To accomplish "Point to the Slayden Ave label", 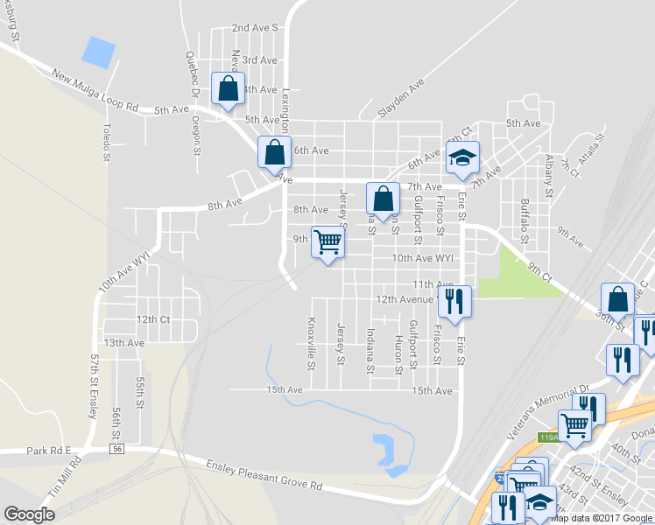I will (401, 99).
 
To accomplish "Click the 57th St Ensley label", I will (93, 388).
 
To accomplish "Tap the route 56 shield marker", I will (116, 449).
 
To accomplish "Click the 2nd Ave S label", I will (255, 28).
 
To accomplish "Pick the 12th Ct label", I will (152, 320).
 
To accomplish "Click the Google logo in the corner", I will (30, 514).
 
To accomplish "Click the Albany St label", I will (548, 172).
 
